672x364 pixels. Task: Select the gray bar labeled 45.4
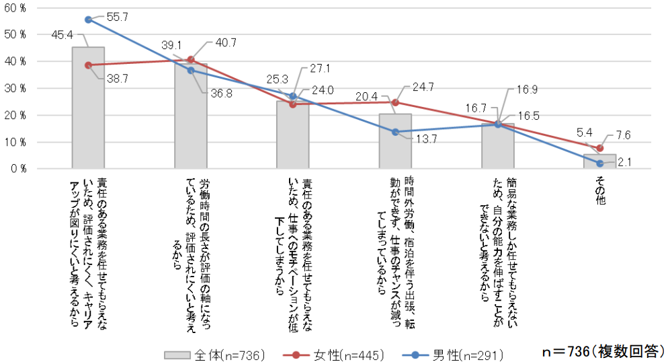[x=88, y=108]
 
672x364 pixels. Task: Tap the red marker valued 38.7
[x=88, y=65]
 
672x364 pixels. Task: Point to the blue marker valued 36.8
[x=191, y=70]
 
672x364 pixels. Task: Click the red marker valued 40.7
[x=191, y=59]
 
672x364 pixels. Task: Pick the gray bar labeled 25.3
[x=293, y=135]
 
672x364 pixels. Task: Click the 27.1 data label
[x=321, y=69]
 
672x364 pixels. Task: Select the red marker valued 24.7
[x=395, y=102]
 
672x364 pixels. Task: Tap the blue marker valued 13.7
[x=395, y=132]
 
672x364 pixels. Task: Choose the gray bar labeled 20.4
[x=395, y=141]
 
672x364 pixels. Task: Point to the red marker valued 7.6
[x=600, y=148]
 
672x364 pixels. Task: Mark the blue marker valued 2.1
[x=600, y=163]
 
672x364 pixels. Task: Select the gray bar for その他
[x=600, y=161]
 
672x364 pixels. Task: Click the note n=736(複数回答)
[x=603, y=352]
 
